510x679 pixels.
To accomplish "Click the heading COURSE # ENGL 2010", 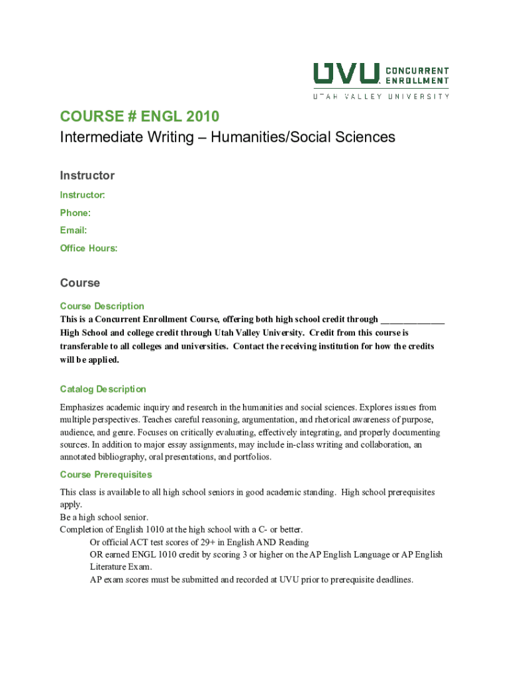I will [x=139, y=117].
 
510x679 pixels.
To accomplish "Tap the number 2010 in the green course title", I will [x=202, y=117].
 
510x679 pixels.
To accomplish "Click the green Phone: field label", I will [x=75, y=213].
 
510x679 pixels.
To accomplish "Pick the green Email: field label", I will [x=74, y=230].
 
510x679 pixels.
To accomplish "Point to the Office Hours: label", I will [x=89, y=248].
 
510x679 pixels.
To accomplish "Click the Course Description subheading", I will [x=102, y=306].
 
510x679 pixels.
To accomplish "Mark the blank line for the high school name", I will [x=413, y=319].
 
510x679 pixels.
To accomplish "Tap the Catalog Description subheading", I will [x=103, y=389].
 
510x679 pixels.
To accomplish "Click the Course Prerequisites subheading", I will [x=106, y=475].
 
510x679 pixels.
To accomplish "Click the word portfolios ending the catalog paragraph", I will [x=249, y=458].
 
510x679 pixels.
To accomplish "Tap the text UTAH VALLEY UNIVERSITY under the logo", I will [x=381, y=96].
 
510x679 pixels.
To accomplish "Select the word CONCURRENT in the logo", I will [x=417, y=70].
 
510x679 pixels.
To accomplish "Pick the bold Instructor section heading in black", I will [x=87, y=176].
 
